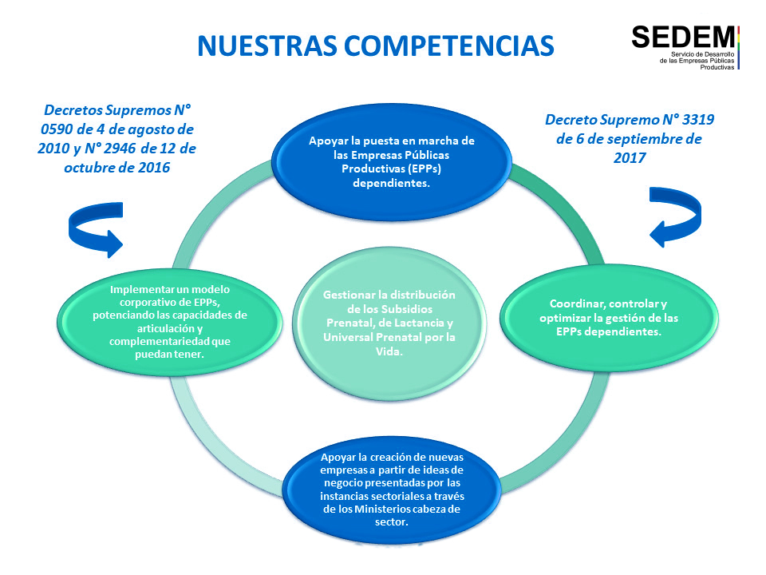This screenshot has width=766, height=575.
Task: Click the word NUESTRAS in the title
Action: click(x=267, y=46)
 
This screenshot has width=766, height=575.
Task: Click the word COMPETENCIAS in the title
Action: click(x=449, y=46)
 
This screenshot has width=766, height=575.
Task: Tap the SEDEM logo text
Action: click(x=683, y=38)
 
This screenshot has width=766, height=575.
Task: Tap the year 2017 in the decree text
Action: click(x=630, y=157)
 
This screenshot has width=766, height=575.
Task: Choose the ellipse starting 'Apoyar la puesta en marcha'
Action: click(x=392, y=162)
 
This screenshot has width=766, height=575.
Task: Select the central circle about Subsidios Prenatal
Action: click(x=389, y=323)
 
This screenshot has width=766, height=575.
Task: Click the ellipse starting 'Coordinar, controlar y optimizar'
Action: click(x=609, y=318)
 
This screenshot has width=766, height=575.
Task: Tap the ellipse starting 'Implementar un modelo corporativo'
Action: click(x=169, y=322)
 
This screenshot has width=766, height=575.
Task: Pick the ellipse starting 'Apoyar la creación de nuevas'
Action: click(x=391, y=489)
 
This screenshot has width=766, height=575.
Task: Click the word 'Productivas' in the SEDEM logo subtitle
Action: click(x=717, y=67)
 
